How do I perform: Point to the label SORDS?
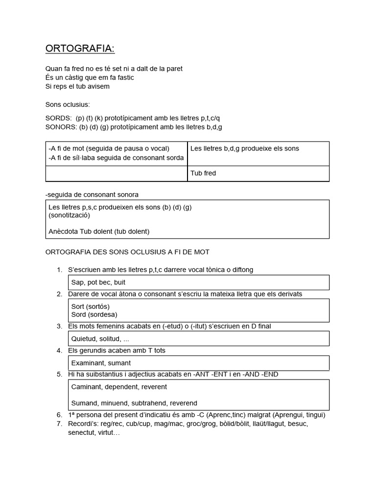58,118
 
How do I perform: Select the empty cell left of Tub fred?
116,174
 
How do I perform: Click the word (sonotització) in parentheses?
69,215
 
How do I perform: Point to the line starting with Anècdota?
99,231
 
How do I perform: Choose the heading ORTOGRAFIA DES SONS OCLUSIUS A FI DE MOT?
127,252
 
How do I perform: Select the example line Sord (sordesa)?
94,315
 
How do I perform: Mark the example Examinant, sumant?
101,363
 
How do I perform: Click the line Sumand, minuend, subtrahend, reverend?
134,403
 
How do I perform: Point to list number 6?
59,415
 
